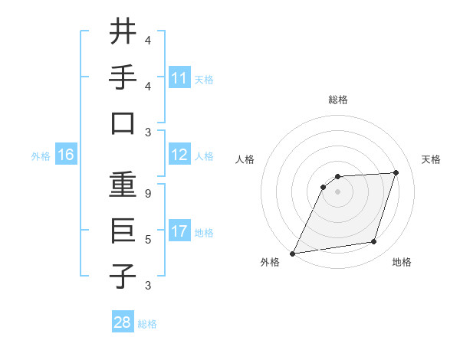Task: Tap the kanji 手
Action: (123, 77)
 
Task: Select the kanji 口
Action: (123, 123)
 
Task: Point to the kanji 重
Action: (123, 185)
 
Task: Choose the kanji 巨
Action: (123, 231)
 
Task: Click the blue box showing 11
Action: (179, 77)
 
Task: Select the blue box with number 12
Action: (179, 155)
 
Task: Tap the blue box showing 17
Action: (179, 231)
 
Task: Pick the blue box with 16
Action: (66, 155)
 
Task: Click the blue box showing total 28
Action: (123, 322)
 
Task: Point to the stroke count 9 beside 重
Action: (148, 194)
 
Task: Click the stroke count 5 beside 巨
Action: (148, 240)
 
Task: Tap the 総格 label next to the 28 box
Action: (147, 324)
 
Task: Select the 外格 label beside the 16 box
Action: (41, 156)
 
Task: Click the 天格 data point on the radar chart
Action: (396, 172)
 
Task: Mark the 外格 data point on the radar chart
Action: (292, 254)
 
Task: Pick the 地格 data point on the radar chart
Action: (374, 242)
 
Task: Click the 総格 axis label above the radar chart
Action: (338, 100)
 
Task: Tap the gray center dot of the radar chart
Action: (337, 192)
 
